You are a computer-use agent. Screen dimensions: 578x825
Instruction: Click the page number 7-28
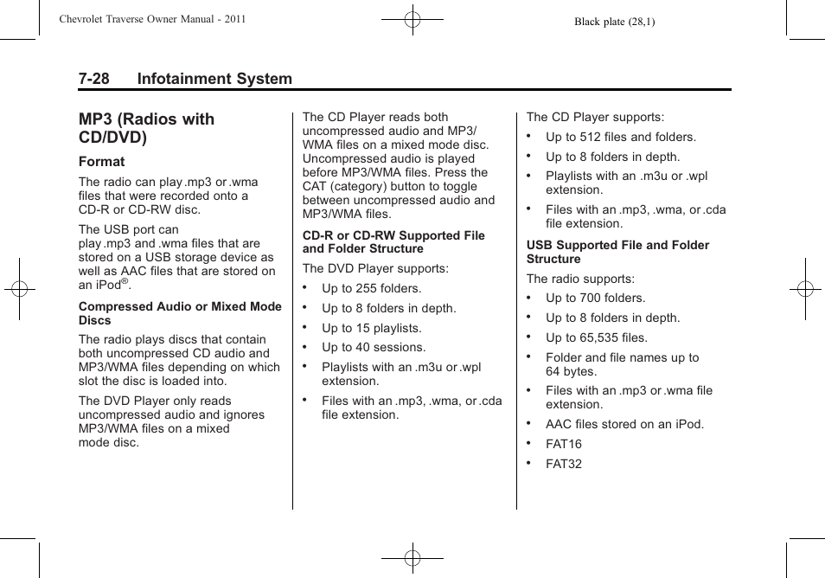pos(93,79)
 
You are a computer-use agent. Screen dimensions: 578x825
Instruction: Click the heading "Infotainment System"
pos(214,79)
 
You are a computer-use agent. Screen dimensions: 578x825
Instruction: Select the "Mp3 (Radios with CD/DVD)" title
pos(146,128)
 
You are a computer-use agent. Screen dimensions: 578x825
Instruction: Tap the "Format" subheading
pos(101,162)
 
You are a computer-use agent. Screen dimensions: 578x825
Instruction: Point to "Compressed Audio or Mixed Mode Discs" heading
pos(180,313)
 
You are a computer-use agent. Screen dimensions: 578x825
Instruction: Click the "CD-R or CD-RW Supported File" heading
pos(393,235)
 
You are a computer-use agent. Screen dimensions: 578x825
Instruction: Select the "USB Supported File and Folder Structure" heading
pos(617,252)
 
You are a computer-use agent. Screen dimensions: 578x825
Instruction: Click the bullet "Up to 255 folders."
pos(371,288)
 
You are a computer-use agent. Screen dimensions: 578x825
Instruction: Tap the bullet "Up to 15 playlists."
pos(371,328)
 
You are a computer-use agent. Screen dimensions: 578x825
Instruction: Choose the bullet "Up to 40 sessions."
pos(373,347)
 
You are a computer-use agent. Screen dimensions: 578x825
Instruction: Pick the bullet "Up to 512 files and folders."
pos(620,137)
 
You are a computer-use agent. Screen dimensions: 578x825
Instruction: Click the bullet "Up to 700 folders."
pos(595,298)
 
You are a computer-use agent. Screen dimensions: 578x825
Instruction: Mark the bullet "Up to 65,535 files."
pos(596,337)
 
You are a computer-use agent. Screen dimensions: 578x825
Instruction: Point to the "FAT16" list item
pos(563,444)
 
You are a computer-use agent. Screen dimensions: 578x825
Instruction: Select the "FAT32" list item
pos(563,464)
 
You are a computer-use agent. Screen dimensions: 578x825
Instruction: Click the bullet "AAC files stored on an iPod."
pos(624,424)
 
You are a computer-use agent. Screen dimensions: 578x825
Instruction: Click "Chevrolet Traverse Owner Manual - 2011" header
pos(153,19)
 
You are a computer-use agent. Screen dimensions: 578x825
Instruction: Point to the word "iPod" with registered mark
pos(106,285)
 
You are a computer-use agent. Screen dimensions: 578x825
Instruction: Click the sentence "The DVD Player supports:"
pos(375,268)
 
